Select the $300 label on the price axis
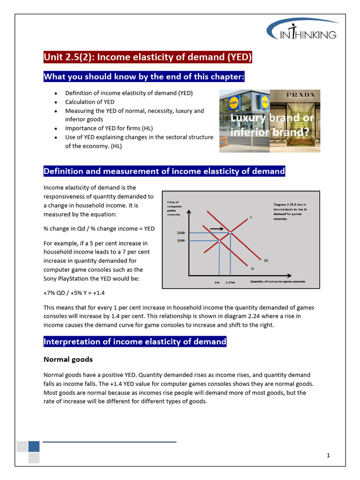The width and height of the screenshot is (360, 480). tap(181, 232)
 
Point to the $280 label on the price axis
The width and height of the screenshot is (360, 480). tap(181, 240)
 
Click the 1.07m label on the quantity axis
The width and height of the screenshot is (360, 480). tap(230, 282)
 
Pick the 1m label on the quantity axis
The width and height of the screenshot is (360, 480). tap(217, 282)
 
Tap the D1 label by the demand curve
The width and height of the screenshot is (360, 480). tap(266, 260)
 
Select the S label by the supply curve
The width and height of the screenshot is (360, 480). tap(250, 217)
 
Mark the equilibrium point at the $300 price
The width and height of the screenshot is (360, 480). tap(230, 232)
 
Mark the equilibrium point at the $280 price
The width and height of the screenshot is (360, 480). tap(219, 240)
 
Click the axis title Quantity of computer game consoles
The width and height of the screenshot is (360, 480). tap(277, 282)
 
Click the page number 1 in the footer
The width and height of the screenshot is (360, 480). tap(329, 455)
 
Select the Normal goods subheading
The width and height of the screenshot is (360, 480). tap(68, 360)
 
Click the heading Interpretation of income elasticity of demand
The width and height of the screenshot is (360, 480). tap(135, 342)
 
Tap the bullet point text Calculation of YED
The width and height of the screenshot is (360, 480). tap(90, 102)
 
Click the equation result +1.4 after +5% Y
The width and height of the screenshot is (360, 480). tap(98, 292)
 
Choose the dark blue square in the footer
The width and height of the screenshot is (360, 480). tap(34, 446)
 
